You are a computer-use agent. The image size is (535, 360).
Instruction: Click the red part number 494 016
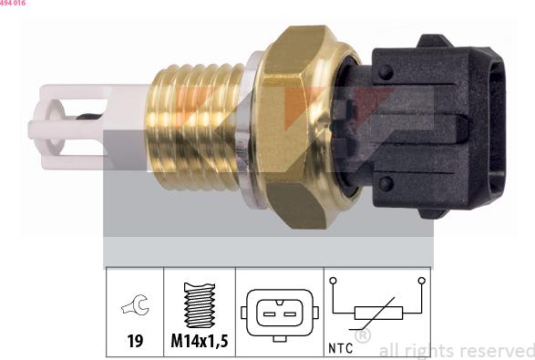(x=13, y=4)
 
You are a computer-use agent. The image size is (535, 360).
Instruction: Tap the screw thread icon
(x=199, y=306)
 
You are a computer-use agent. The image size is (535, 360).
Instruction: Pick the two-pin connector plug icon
(x=279, y=313)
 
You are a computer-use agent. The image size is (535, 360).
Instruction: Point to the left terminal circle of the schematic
(x=334, y=282)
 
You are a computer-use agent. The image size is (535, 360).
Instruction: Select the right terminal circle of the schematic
(x=422, y=282)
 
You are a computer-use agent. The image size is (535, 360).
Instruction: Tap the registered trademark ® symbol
(x=362, y=337)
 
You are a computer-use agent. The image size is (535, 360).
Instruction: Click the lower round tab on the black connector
(x=386, y=183)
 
